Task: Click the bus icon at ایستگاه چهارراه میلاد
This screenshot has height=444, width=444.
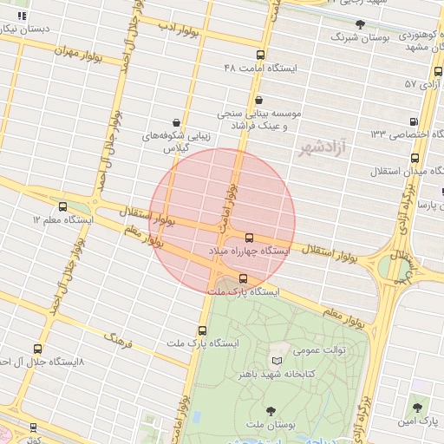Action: [250, 237]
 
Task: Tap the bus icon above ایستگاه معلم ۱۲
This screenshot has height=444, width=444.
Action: [62, 207]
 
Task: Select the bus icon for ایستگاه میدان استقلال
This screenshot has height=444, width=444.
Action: [415, 159]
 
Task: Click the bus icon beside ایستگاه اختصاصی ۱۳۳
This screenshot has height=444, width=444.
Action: [414, 121]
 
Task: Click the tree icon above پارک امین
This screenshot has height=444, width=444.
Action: [417, 407]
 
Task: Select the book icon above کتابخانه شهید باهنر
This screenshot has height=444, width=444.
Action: [277, 361]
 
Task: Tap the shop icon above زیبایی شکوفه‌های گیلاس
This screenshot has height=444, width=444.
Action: [177, 122]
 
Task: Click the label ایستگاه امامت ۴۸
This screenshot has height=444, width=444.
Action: [260, 68]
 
